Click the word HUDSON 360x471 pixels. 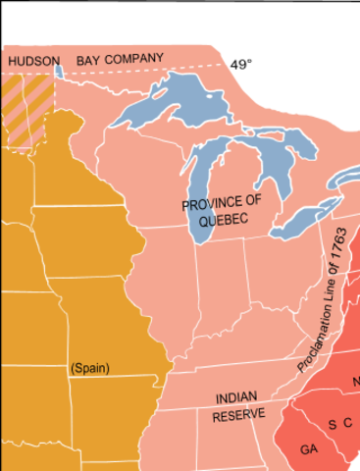tap(33, 61)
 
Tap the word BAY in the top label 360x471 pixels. tap(89, 60)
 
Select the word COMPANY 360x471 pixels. tap(133, 59)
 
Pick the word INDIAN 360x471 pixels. tap(235, 398)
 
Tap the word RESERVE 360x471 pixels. tap(239, 414)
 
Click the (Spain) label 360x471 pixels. tap(90, 369)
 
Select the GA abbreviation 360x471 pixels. tap(309, 447)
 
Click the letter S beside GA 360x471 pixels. tap(333, 424)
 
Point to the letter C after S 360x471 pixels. tap(348, 423)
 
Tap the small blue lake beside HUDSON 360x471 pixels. tap(58, 71)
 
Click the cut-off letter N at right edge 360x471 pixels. tap(356, 381)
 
